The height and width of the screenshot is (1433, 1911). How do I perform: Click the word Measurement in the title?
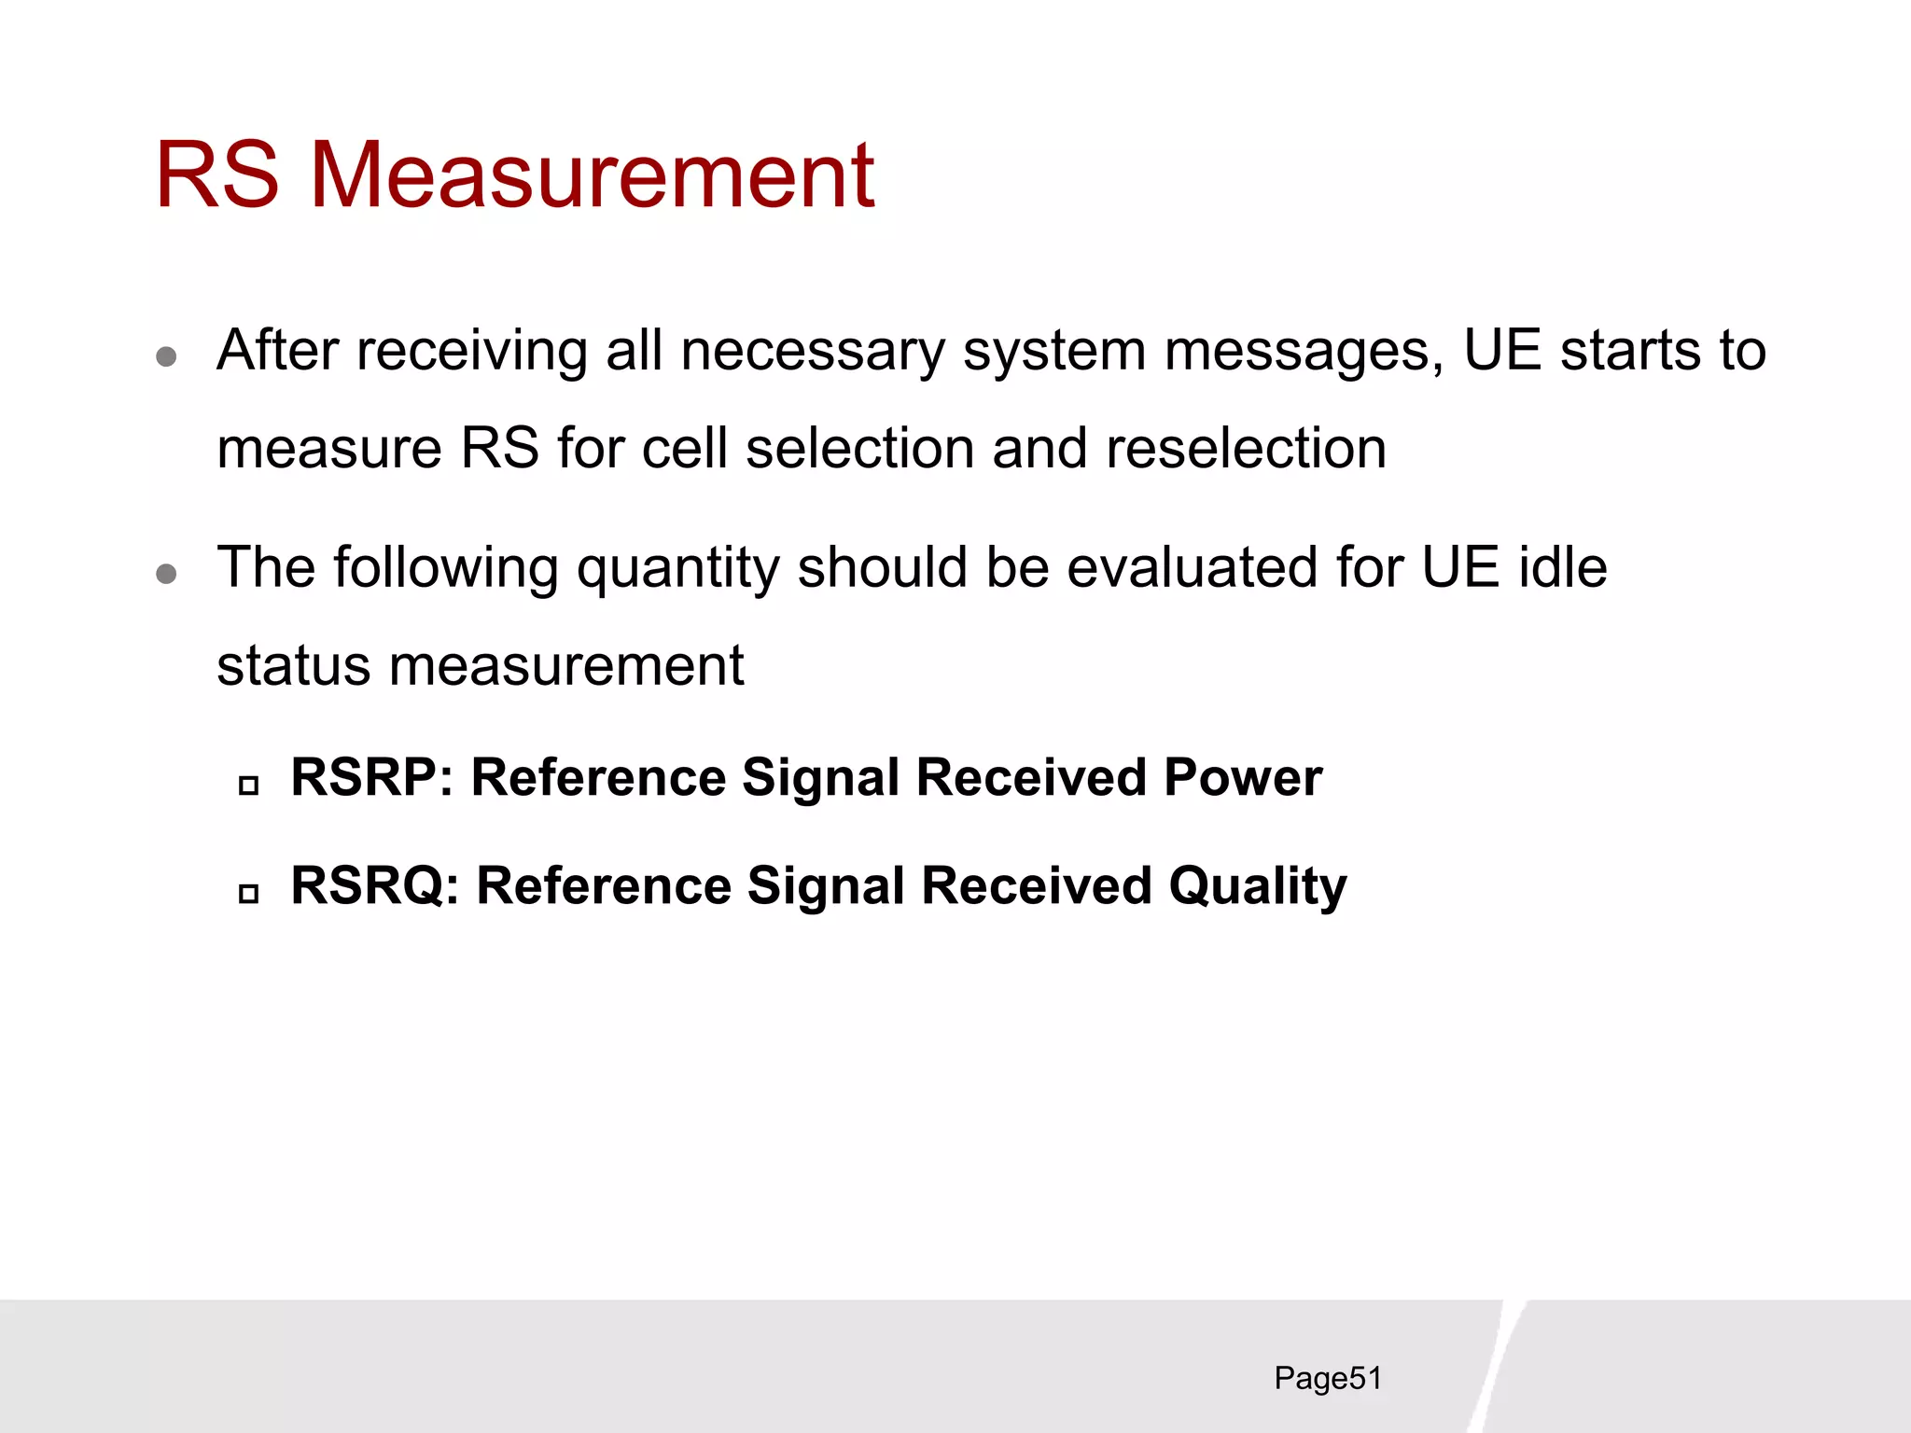(x=592, y=174)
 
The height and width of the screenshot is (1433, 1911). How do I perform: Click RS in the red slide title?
(x=216, y=174)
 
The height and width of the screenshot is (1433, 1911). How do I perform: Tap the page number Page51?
(x=1327, y=1378)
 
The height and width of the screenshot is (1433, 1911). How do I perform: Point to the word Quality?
(x=1258, y=887)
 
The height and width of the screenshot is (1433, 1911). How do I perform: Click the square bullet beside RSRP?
(x=248, y=786)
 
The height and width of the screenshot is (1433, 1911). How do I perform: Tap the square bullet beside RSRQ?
(x=248, y=894)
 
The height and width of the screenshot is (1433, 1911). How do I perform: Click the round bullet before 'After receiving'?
(x=167, y=356)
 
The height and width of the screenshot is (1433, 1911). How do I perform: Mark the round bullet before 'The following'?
(x=167, y=573)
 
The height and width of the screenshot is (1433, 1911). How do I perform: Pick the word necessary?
(x=812, y=351)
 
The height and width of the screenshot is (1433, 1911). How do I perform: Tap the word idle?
(x=1563, y=567)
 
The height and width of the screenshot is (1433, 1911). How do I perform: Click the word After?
(x=277, y=351)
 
